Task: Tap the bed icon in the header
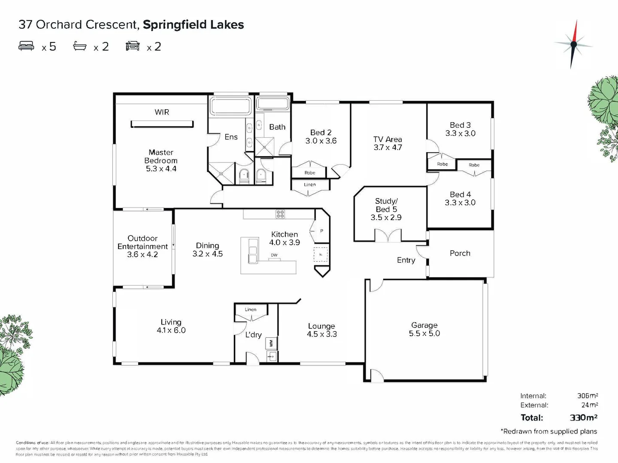point(26,46)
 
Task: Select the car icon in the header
point(133,46)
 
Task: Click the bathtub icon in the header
point(80,46)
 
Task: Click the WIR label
point(162,112)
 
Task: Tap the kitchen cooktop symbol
point(280,213)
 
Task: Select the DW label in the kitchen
point(274,255)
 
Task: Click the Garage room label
point(424,325)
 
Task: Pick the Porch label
point(460,253)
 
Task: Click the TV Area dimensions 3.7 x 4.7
point(388,147)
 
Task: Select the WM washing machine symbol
point(271,343)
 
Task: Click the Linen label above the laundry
point(251,310)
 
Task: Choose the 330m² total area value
point(584,418)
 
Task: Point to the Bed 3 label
point(460,125)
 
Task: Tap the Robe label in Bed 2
point(310,173)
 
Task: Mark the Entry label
point(406,260)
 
